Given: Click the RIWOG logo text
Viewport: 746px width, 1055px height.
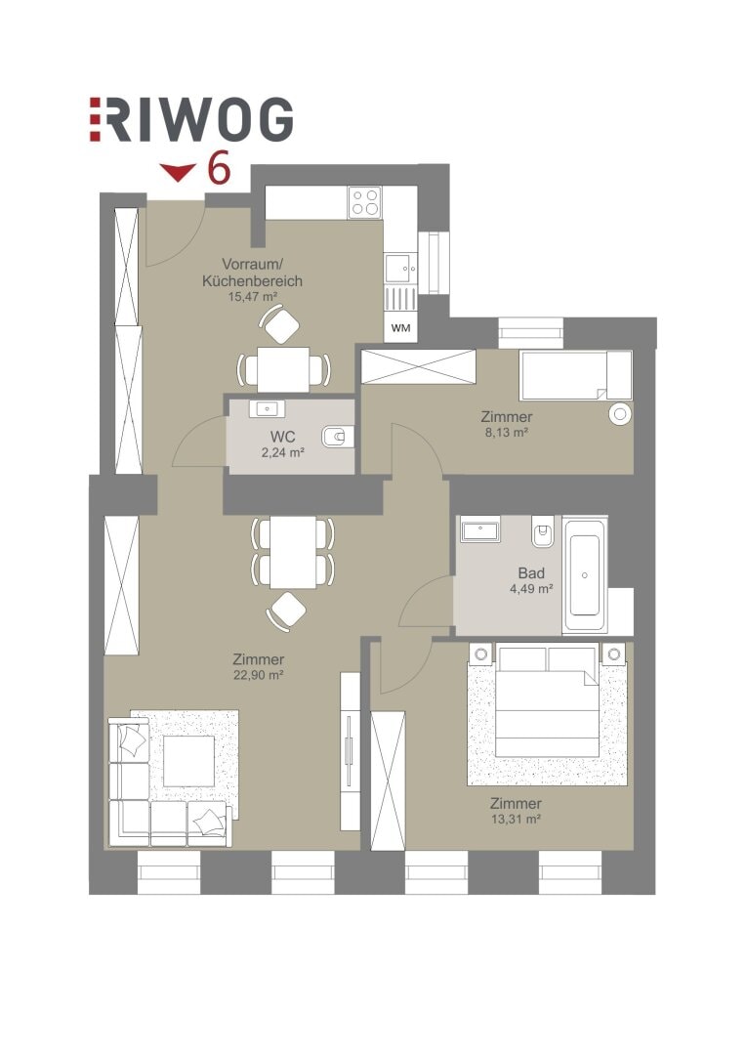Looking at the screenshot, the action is (x=191, y=120).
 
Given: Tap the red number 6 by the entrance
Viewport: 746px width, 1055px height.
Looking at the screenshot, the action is (x=220, y=168).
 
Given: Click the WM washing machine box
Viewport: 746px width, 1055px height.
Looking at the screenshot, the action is (x=400, y=328).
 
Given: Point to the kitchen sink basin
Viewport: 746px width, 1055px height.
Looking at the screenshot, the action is (x=401, y=269).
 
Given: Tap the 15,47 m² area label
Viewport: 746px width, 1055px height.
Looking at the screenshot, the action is (x=253, y=296).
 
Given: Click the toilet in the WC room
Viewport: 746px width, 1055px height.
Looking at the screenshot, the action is (x=337, y=438).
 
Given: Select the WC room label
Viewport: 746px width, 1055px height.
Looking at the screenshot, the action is (x=282, y=438).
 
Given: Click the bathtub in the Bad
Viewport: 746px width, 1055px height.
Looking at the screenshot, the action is (x=585, y=574).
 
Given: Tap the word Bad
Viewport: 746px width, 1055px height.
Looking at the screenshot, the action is (x=531, y=573).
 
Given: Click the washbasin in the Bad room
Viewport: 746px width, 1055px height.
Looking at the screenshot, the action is (x=480, y=528).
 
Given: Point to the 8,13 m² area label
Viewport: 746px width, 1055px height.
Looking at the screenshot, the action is (x=506, y=433).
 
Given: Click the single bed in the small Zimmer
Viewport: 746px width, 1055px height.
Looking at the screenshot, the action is (x=576, y=375).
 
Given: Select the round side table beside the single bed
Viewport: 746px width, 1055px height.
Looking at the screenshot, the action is (x=620, y=414).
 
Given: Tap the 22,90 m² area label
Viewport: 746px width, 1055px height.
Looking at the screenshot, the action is (x=259, y=675).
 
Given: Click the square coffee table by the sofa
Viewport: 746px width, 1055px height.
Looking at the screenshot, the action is (x=189, y=761).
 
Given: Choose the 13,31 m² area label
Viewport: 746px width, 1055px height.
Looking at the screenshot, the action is (x=516, y=819).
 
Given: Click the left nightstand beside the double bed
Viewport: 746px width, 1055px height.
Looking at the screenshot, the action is (x=481, y=654).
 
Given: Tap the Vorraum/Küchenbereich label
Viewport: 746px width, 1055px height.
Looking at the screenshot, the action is (x=252, y=273).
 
